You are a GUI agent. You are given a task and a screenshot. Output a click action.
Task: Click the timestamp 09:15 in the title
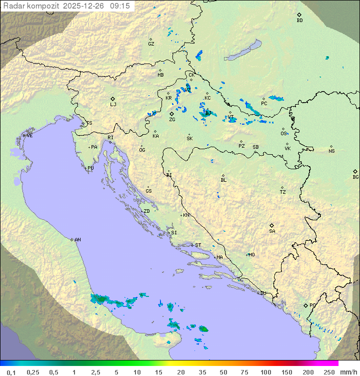tap(119, 6)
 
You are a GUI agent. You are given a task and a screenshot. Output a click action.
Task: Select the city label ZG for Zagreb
tap(172, 120)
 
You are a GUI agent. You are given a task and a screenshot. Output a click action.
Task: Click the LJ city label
tap(113, 105)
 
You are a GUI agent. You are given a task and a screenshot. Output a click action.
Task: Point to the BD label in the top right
tap(299, 21)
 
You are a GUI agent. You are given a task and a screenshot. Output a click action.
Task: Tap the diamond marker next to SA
tap(272, 225)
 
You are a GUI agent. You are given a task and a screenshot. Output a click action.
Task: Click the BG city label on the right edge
tap(355, 177)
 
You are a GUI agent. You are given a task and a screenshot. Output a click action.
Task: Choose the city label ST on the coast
tap(198, 245)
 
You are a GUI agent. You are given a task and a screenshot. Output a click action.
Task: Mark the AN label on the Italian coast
tap(77, 240)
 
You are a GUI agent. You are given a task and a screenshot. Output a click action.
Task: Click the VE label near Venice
tap(29, 136)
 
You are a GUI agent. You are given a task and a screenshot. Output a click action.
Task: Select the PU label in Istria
tap(90, 168)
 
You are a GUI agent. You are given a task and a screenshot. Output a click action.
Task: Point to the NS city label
tap(331, 151)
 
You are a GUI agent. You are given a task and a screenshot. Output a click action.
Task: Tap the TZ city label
tap(283, 192)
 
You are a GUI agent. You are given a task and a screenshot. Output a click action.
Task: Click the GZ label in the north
tap(151, 44)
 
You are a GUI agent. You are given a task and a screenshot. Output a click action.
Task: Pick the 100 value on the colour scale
tap(265, 372)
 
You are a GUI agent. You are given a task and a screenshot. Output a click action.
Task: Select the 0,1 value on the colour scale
tap(11, 372)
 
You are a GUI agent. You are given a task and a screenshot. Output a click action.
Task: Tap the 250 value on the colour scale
tap(329, 372)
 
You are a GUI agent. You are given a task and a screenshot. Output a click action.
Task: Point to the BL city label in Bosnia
tap(223, 180)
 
